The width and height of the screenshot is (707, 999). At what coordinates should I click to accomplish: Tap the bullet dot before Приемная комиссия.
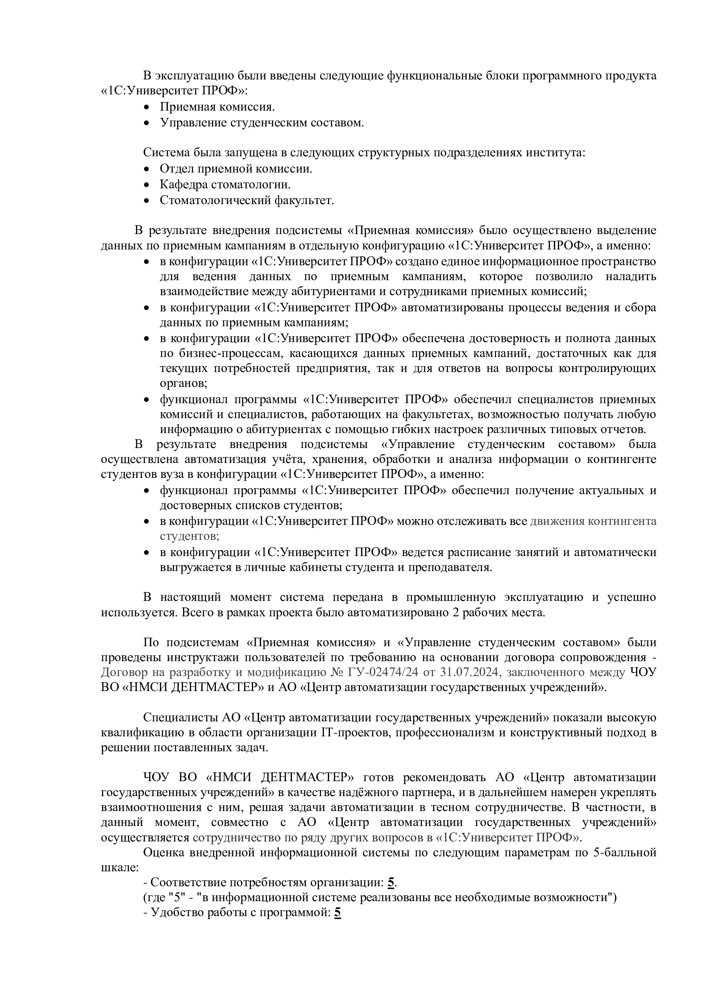coord(147,107)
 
